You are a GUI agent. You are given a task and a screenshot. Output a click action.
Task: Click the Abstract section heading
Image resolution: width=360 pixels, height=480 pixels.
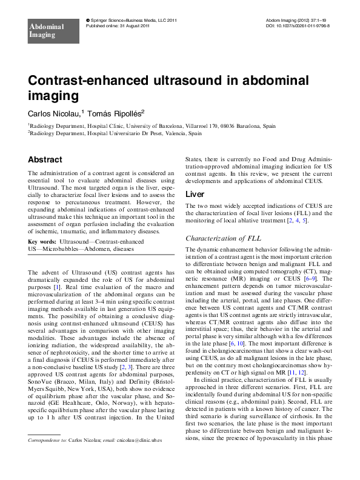coord(45,160)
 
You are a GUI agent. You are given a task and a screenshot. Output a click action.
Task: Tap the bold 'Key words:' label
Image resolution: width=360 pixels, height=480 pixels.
coord(41,241)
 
